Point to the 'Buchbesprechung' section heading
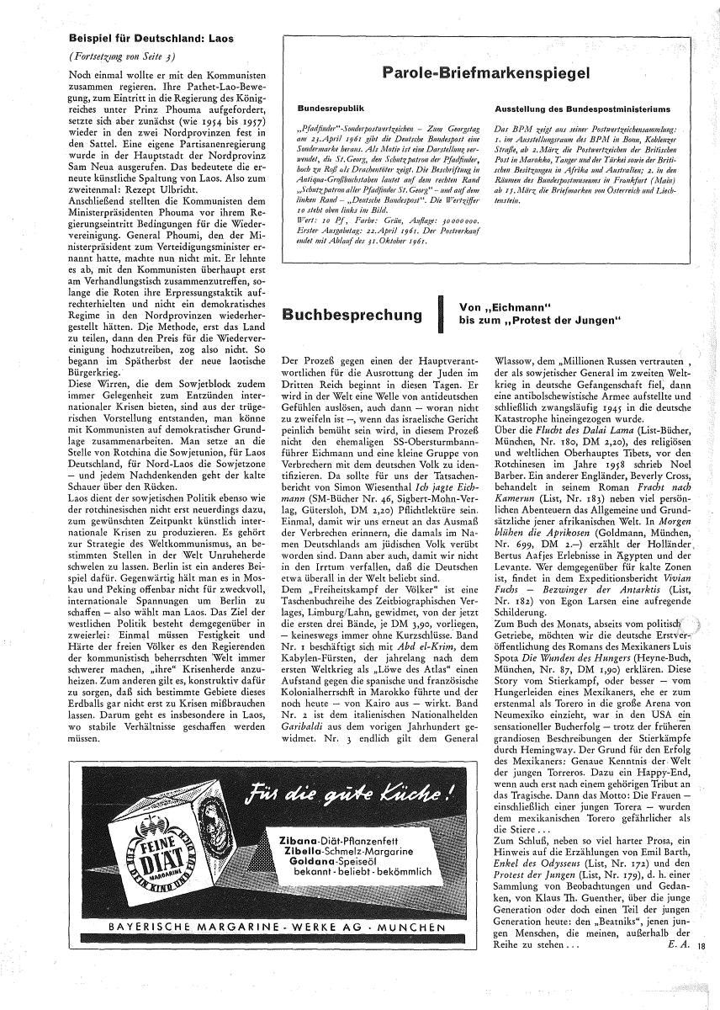351,315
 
